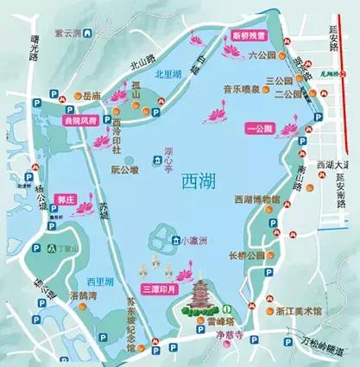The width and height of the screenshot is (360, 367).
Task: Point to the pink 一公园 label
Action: click(257, 129)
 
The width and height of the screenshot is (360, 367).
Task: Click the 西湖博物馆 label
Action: click(257, 199)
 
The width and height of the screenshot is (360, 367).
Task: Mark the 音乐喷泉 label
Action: click(239, 88)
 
